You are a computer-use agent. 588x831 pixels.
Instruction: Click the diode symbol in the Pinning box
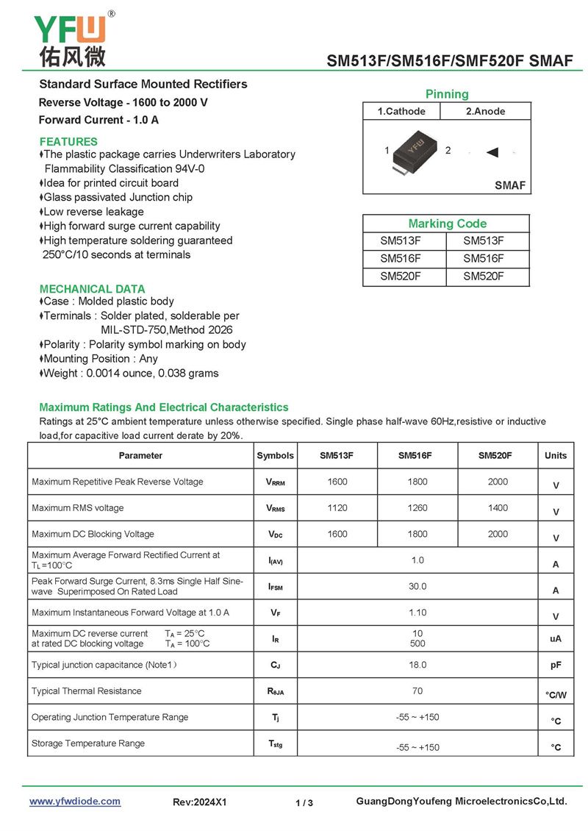(x=492, y=152)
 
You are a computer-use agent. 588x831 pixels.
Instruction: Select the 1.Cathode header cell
(x=401, y=112)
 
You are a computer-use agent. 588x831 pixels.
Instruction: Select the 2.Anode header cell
(x=485, y=112)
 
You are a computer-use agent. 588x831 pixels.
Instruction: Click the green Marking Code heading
(x=447, y=224)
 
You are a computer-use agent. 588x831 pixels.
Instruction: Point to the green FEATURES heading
(x=68, y=141)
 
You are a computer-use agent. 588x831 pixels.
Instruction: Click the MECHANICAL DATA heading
(x=92, y=289)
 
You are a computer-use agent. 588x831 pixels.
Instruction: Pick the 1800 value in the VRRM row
(x=417, y=482)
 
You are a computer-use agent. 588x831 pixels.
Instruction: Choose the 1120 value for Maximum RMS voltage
(x=337, y=508)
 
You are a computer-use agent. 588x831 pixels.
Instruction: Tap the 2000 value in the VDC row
(x=498, y=534)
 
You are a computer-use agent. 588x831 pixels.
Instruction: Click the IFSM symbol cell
(x=275, y=588)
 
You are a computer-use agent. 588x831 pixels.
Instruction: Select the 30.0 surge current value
(x=417, y=586)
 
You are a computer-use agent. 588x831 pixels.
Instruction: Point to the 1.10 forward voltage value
(x=417, y=612)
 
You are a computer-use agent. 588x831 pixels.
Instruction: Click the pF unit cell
(x=556, y=665)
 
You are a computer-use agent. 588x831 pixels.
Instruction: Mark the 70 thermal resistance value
(x=417, y=691)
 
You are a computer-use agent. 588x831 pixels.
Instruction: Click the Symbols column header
(x=275, y=456)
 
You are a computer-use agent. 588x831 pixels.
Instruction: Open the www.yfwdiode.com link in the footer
(x=75, y=802)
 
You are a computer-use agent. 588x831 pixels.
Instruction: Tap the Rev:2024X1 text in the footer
(x=200, y=802)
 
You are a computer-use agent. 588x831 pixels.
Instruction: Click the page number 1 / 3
(x=304, y=803)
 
